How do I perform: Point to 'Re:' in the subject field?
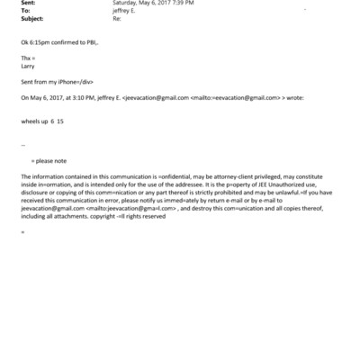116,17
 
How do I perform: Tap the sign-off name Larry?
27,64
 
